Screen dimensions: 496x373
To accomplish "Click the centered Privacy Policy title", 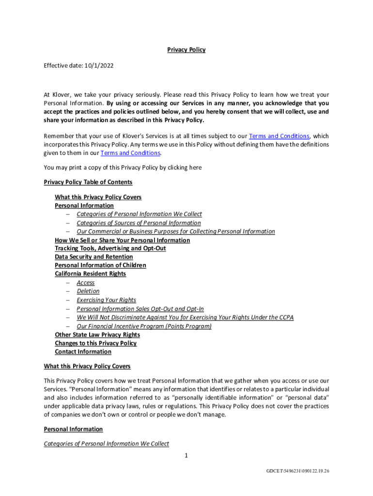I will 186,50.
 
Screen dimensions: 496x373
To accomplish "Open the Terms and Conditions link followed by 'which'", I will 279,136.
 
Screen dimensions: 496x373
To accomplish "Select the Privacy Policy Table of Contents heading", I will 88,182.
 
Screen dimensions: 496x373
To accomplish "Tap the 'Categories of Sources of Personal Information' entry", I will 139,223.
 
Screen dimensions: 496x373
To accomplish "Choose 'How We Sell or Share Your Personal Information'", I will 122,240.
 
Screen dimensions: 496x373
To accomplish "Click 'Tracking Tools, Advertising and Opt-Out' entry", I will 110,248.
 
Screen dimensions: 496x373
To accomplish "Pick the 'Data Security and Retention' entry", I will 93,257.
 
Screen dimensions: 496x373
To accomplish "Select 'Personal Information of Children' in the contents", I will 100,265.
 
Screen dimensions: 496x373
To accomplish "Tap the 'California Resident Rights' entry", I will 90,274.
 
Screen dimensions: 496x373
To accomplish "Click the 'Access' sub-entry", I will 86,283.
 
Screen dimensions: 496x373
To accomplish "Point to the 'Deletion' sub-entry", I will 88,291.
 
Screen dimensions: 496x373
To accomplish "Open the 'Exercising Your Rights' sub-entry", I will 106,300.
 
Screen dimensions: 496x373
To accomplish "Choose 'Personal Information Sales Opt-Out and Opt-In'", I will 140,309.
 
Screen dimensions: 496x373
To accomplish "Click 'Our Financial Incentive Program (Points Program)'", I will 144,326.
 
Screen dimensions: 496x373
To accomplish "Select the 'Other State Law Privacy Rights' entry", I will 97,335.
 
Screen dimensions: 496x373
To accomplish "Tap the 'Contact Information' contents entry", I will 83,352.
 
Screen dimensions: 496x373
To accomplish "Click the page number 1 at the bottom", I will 186,455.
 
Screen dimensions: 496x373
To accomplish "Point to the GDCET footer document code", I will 298,471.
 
